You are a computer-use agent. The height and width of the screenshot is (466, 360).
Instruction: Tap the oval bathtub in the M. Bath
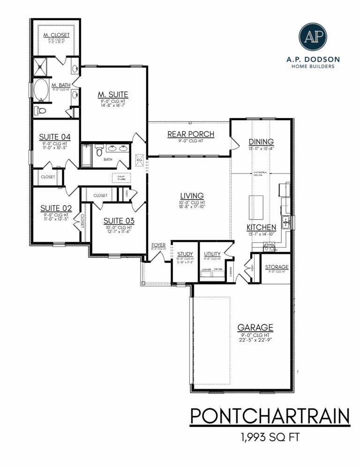(x=41, y=89)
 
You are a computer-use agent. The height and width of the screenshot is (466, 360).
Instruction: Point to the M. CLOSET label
(x=57, y=35)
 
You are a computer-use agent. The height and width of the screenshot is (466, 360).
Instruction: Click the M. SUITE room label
(x=112, y=95)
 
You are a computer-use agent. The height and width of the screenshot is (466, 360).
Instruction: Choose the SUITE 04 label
(x=55, y=137)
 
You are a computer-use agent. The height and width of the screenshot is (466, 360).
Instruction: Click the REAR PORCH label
(x=191, y=135)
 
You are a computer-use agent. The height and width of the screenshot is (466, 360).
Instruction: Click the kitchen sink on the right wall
(x=285, y=221)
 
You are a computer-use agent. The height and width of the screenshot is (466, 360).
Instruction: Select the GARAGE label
(x=255, y=327)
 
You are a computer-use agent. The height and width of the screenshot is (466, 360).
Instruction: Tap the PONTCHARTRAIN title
(x=270, y=416)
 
